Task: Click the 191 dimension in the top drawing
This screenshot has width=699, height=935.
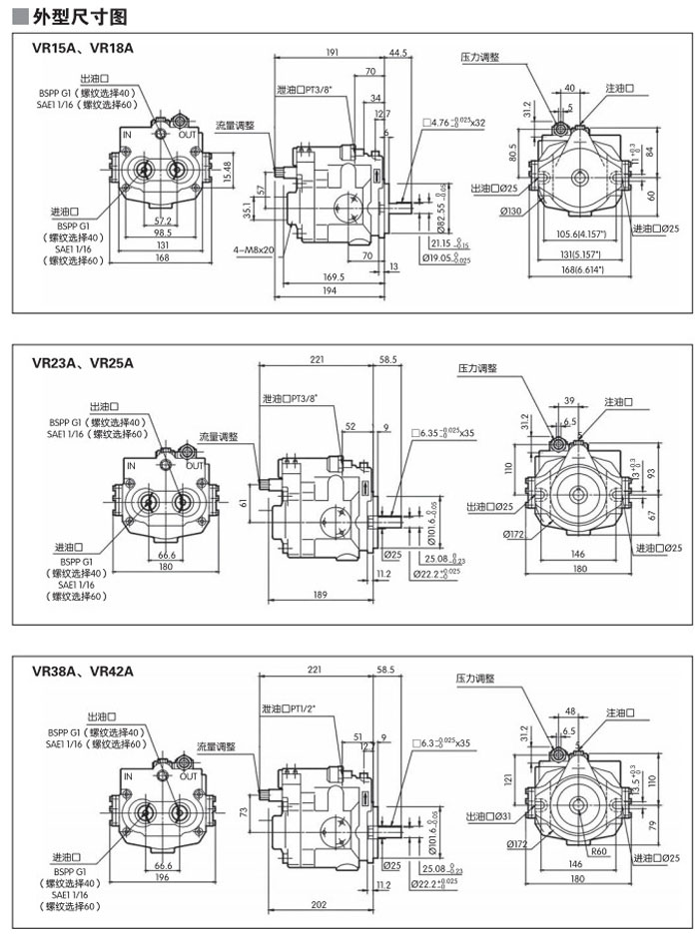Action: (x=333, y=52)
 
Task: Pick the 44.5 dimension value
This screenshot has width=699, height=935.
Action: (x=398, y=52)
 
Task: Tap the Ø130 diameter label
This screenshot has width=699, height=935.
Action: (x=513, y=211)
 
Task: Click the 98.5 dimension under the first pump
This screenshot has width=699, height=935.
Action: (x=163, y=233)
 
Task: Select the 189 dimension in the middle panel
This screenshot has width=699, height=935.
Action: (x=319, y=594)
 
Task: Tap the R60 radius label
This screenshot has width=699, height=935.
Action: (x=599, y=851)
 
